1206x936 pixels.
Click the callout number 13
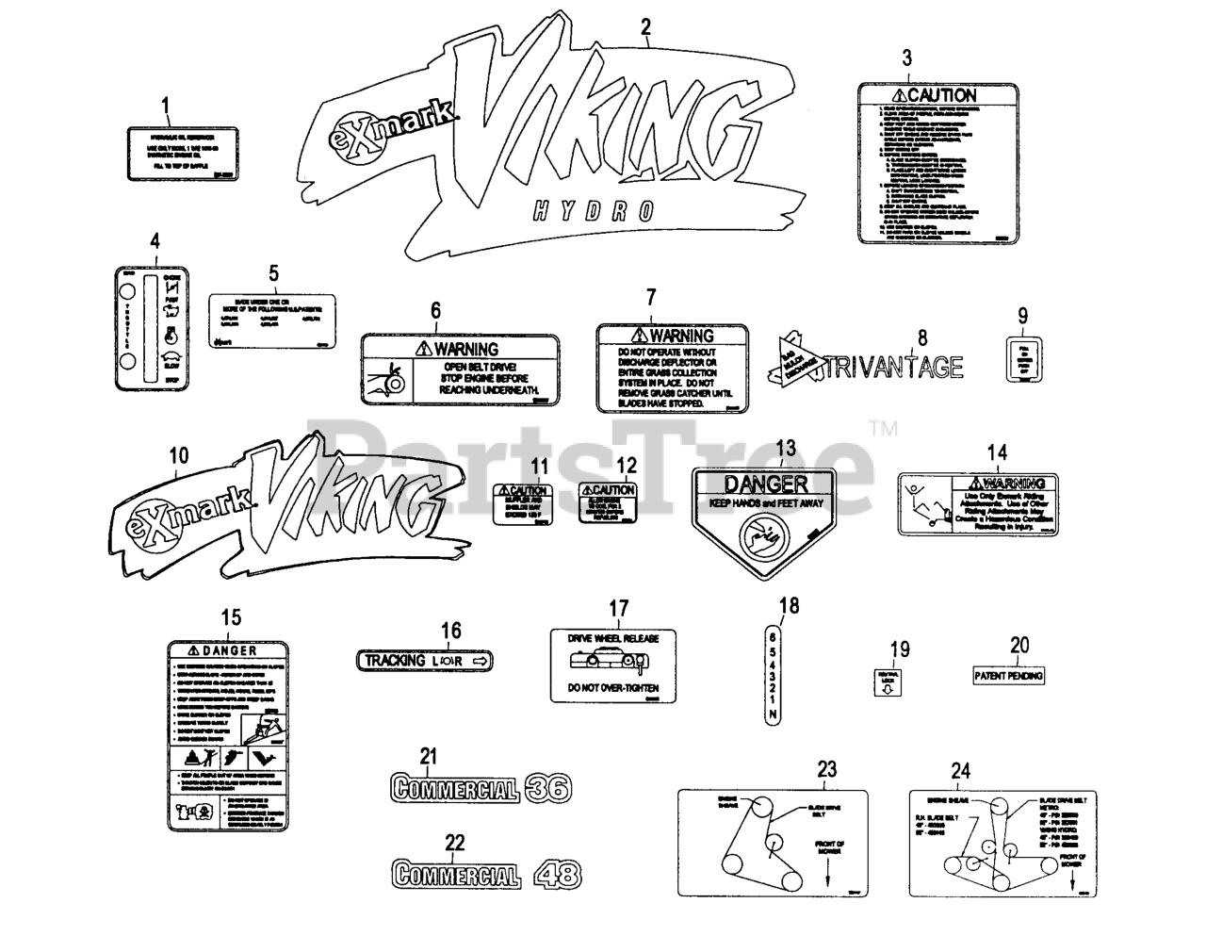785,447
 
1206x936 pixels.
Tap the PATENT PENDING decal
1007,676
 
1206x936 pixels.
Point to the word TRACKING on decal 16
395,661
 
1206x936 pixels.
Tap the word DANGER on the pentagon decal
765,484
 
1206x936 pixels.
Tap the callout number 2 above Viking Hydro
645,27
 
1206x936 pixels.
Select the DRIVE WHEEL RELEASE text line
612,638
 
